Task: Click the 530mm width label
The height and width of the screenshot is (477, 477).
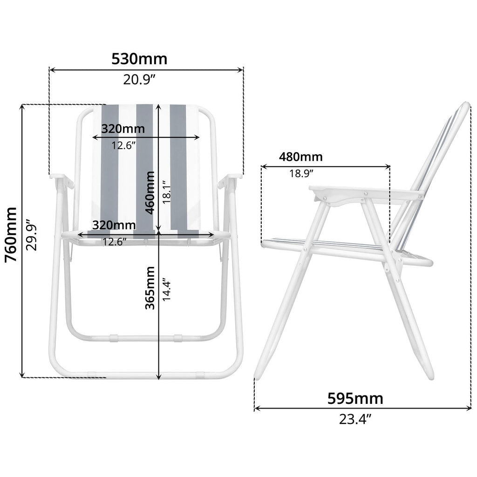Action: pos(139,59)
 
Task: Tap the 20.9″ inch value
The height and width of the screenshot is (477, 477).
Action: pos(139,80)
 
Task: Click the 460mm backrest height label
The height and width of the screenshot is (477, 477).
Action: pos(150,192)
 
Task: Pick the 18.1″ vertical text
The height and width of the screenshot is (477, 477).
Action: pos(167,192)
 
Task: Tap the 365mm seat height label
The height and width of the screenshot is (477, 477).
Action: pos(150,287)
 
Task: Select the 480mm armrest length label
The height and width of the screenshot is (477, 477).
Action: pos(300,157)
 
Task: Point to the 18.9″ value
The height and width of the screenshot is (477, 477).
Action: pos(301,174)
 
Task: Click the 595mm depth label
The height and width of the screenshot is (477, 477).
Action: pos(355,399)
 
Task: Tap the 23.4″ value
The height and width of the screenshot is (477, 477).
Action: pos(355,419)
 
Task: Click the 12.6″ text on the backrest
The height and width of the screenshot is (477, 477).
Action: pos(123,145)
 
